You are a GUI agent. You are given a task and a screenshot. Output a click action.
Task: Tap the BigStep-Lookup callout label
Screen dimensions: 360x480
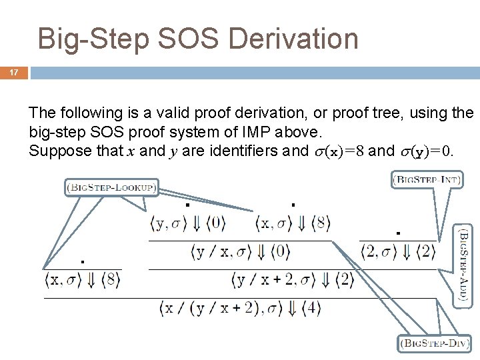(x=111, y=188)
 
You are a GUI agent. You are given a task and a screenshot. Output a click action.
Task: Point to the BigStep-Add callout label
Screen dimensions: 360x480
(x=464, y=264)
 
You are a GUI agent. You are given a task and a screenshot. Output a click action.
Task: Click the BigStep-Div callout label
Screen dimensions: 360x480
(x=435, y=344)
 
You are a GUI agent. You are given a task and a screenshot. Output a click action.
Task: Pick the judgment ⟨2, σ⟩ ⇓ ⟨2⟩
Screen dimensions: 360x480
(x=399, y=252)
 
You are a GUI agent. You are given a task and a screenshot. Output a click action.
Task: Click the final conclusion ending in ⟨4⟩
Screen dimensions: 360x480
(x=241, y=308)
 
